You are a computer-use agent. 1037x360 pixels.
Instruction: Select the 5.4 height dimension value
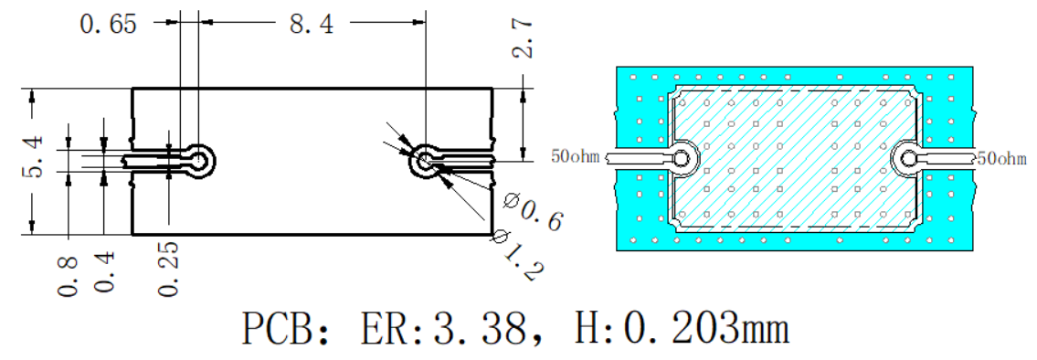pos(33,156)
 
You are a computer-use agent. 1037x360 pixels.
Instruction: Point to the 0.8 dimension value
pos(69,275)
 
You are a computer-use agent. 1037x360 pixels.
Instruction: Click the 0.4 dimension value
pos(104,272)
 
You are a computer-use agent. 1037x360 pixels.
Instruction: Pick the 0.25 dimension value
pos(168,269)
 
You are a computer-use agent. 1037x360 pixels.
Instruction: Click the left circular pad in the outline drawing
pos(199,160)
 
